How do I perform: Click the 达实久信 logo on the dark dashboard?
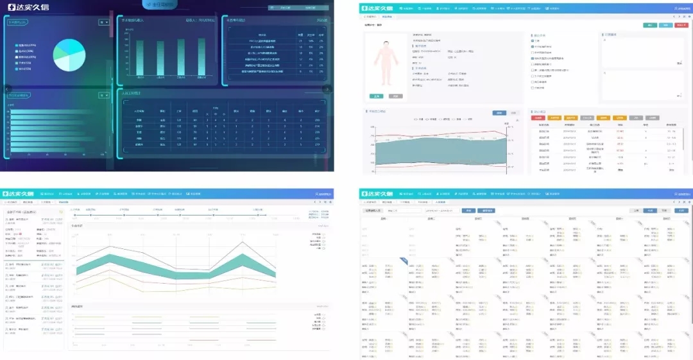pyautogui.click(x=26, y=7)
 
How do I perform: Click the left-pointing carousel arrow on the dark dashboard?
pyautogui.click(x=8, y=89)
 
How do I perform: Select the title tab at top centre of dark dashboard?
pyautogui.click(x=163, y=4)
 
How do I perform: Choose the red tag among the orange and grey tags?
pyautogui.click(x=538, y=118)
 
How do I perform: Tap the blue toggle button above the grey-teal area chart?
pyautogui.click(x=499, y=113)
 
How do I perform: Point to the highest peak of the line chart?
pyautogui.click(x=243, y=241)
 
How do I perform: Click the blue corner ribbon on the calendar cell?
pyautogui.click(x=403, y=260)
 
